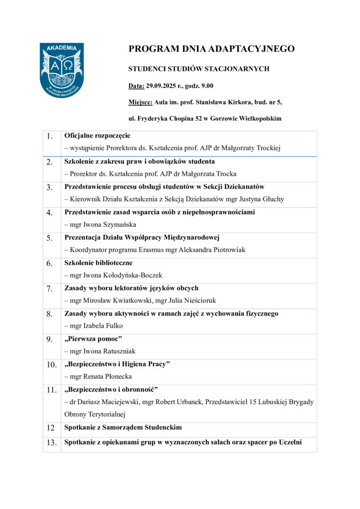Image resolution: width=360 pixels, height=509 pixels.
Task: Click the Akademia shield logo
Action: [x=62, y=69]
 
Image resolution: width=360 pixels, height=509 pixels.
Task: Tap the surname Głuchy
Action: [x=273, y=199]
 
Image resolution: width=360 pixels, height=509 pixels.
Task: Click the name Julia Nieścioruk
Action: [x=195, y=300]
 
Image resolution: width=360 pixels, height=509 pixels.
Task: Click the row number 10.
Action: [x=52, y=365]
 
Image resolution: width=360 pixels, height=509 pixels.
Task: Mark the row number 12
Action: [x=50, y=427]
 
